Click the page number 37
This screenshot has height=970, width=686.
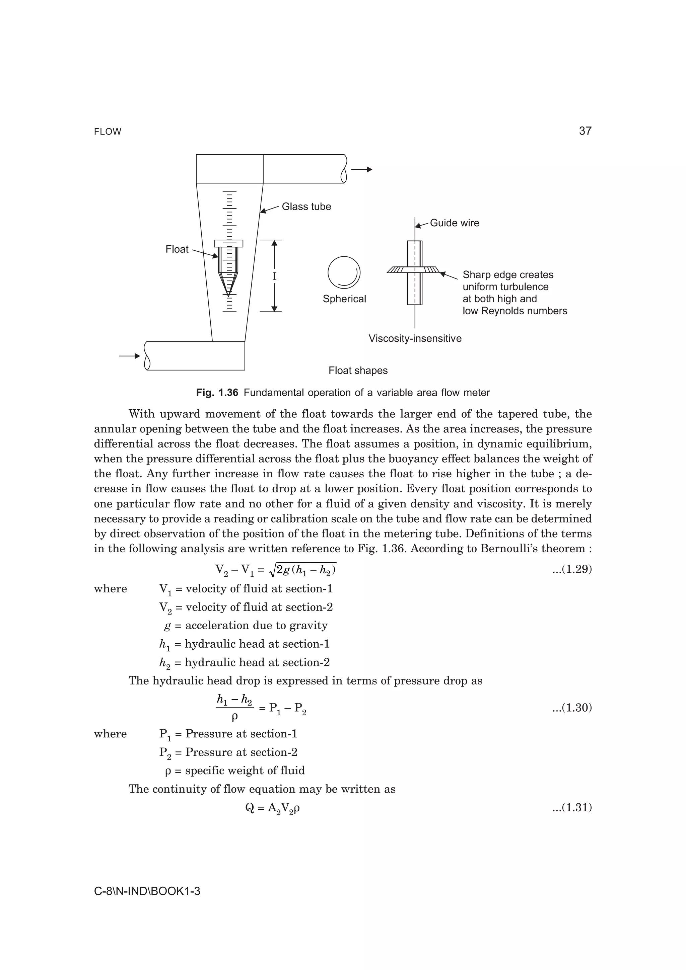[x=585, y=131]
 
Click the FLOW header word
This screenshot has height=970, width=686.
[x=108, y=132]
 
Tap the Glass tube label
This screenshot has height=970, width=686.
[x=306, y=207]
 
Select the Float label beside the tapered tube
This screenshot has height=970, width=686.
[x=177, y=249]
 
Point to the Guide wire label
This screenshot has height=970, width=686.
[x=455, y=223]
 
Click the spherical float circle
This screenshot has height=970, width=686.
[x=344, y=272]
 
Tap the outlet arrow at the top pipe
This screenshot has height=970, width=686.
[x=361, y=169]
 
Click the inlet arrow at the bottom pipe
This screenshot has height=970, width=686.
[x=129, y=356]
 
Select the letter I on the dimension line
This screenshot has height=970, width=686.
[x=274, y=277]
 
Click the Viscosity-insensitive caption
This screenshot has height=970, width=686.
[x=415, y=338]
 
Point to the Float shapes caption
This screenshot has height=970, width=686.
[x=358, y=371]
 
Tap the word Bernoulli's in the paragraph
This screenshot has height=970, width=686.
[x=519, y=549]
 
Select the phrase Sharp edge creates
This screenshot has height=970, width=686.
[x=507, y=275]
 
